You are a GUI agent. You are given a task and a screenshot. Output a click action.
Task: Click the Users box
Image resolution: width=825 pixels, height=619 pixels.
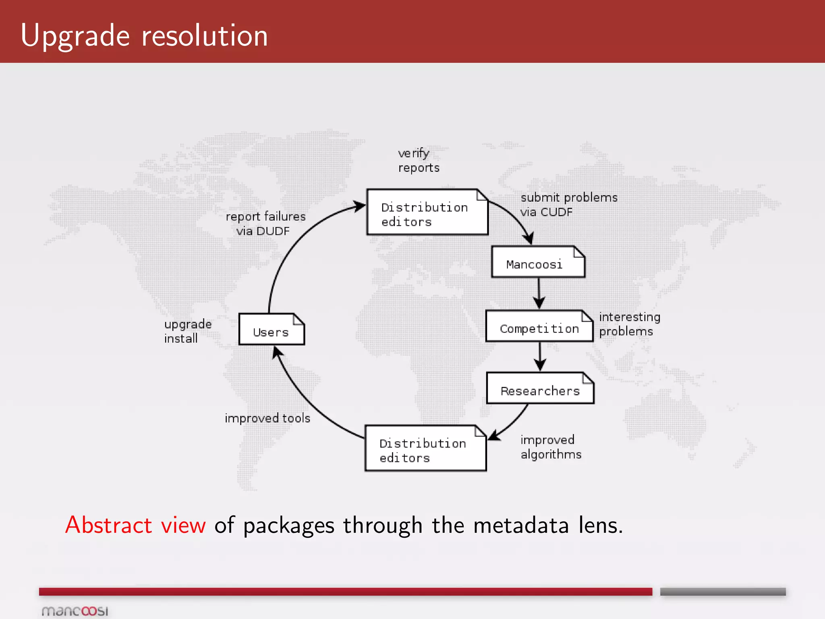point(272,329)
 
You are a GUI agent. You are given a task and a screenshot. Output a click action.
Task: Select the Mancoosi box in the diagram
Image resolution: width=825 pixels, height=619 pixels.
point(538,262)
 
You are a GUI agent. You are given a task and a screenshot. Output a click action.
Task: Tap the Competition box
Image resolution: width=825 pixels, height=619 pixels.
point(539,326)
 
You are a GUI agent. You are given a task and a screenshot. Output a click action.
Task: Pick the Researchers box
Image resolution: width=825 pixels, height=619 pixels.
point(540,388)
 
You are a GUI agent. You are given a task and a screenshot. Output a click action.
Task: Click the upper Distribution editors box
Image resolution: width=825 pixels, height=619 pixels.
point(427,212)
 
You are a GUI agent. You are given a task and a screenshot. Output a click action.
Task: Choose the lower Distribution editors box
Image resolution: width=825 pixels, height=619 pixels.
point(425,449)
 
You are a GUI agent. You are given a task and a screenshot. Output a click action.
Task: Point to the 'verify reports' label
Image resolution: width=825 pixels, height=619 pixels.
point(418,160)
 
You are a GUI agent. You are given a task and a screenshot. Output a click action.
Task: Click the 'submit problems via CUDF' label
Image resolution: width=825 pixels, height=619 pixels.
point(568,205)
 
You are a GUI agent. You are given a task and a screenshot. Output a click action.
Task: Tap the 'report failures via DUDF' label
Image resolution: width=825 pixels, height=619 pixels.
point(265,224)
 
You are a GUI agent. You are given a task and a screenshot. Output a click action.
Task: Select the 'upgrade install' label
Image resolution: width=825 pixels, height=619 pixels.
point(187,331)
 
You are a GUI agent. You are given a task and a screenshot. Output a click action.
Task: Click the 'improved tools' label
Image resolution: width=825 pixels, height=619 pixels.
point(267,418)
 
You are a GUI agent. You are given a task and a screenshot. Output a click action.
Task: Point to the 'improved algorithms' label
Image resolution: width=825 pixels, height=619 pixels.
point(551,447)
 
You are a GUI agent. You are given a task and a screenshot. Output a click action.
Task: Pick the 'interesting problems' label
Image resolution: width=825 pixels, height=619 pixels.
point(629,324)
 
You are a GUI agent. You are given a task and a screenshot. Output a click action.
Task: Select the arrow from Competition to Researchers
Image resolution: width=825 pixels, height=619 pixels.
point(540,356)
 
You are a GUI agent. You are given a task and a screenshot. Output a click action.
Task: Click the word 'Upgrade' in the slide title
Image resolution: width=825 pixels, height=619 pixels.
point(75,36)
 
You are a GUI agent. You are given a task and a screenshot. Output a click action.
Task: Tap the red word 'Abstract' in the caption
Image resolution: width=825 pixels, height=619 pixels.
point(108,525)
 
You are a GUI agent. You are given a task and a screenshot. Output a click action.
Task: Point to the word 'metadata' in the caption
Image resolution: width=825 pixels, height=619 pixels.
point(521,526)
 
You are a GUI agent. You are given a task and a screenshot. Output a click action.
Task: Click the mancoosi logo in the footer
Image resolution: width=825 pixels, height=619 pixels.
point(75,611)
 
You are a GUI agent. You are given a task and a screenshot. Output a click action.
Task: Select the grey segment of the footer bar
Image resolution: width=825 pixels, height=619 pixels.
point(723,592)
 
